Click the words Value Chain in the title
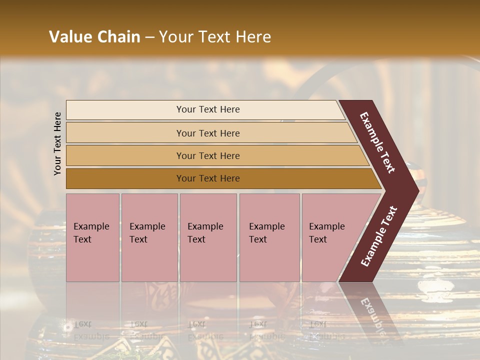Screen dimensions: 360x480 tap(94, 37)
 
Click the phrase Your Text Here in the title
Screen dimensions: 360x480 tap(215, 37)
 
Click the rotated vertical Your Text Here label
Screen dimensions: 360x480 tap(57, 143)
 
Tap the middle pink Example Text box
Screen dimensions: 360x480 tap(208, 237)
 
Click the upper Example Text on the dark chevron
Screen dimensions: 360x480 tap(377, 142)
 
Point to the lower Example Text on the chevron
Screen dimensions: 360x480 tap(379, 236)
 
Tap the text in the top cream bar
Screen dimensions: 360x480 tap(208, 109)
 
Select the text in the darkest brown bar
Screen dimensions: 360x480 tap(208, 178)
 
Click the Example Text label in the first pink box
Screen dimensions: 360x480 tap(91, 233)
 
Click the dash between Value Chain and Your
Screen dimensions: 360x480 tap(149, 37)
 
